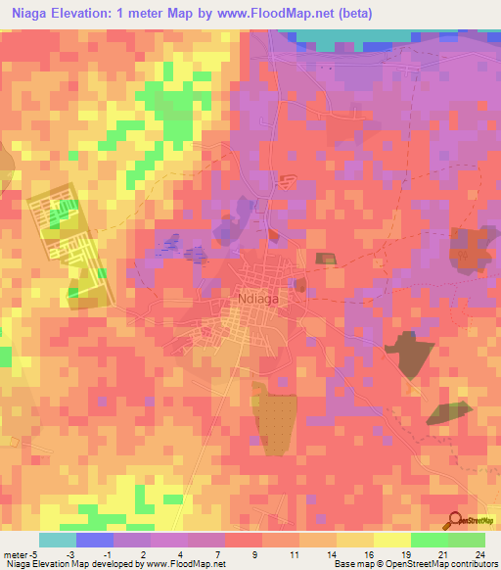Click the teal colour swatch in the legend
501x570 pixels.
point(57,540)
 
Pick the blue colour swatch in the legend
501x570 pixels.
point(95,540)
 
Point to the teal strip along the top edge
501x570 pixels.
point(352,36)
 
